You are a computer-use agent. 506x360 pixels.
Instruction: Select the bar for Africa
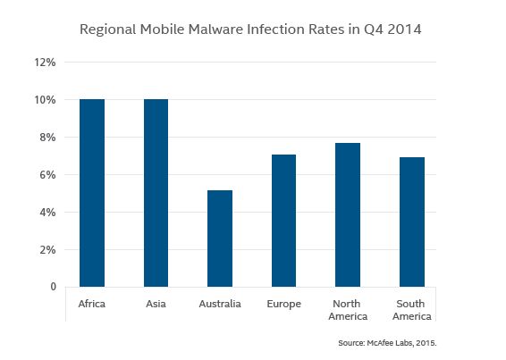click(92, 193)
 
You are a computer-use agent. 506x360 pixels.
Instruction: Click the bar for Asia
click(156, 193)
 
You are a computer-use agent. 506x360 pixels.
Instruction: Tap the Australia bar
click(219, 239)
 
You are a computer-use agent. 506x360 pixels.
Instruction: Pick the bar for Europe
click(283, 221)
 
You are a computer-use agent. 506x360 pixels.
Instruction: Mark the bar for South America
click(411, 222)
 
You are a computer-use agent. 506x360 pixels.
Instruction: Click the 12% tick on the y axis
click(46, 63)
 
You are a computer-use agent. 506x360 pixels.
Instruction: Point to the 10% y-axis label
click(46, 100)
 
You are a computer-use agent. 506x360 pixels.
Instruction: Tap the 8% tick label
click(47, 138)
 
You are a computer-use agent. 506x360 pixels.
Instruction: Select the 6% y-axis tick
click(47, 175)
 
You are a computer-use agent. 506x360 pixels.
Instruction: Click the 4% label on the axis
click(47, 213)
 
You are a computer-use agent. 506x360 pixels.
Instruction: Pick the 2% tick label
click(47, 250)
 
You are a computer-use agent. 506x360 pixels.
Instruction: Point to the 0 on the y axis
click(53, 287)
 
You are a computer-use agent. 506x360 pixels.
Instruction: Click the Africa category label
click(92, 305)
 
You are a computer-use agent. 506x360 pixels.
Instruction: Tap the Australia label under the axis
click(220, 305)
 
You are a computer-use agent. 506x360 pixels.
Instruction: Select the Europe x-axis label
click(283, 305)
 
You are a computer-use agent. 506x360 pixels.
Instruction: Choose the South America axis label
click(411, 310)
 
